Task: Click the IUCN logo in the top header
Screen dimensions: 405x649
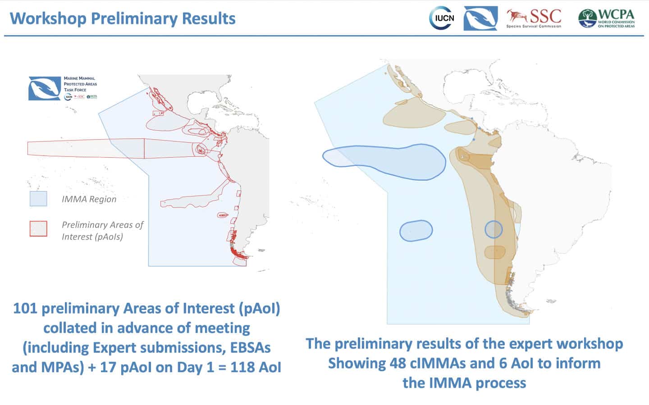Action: click(441, 18)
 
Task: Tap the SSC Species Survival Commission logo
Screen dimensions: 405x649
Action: click(534, 18)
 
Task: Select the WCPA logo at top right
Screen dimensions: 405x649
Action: click(606, 18)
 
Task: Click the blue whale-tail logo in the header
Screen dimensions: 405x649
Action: click(480, 18)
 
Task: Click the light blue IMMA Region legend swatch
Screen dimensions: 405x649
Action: click(38, 199)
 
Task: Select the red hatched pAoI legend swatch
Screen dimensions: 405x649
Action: click(38, 228)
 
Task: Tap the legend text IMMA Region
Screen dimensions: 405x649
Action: click(89, 199)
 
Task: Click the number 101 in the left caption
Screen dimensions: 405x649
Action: click(25, 309)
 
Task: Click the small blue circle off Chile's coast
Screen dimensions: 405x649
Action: click(494, 229)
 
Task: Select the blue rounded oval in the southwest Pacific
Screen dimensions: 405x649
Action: click(416, 230)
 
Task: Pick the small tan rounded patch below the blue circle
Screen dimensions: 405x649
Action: click(494, 252)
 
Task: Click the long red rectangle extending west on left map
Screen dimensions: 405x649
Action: click(86, 148)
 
